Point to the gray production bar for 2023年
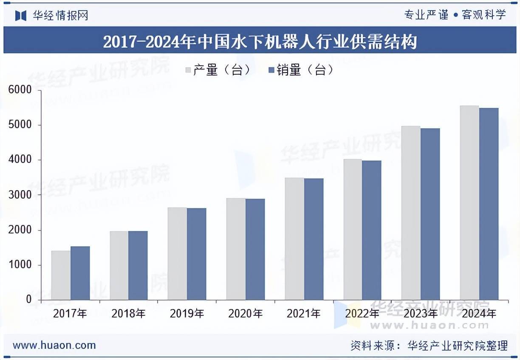411,213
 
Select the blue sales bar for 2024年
489,204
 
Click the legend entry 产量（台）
218,70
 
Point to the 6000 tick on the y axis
20,90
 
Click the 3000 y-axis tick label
20,195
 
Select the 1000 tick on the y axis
20,265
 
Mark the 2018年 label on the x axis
128,314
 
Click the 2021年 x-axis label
303,314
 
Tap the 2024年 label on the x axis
479,314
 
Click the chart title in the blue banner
260,42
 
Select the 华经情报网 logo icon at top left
20,16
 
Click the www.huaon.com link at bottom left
54,345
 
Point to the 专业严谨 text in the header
426,15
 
